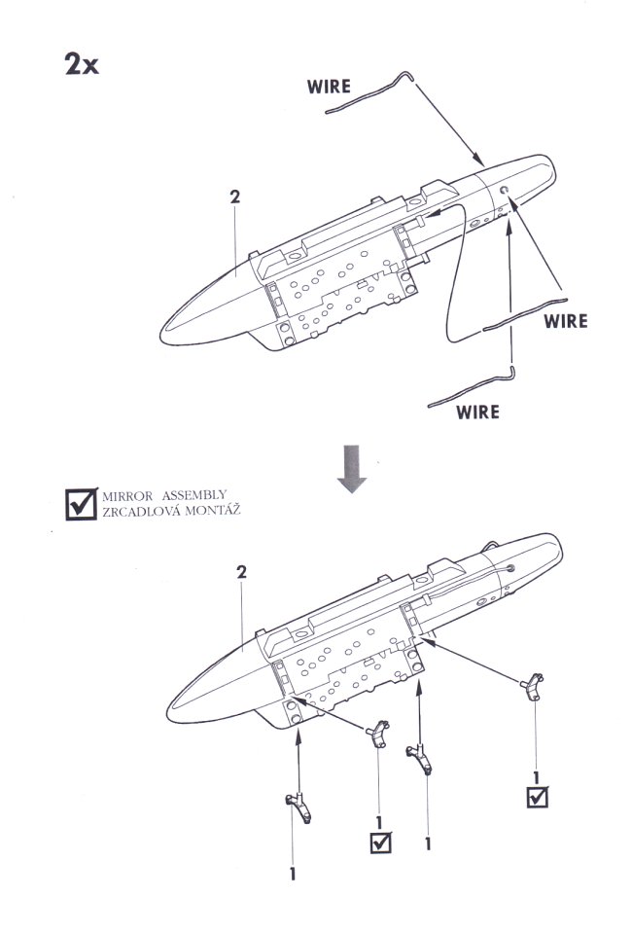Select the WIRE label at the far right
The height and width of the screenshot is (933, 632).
click(x=566, y=320)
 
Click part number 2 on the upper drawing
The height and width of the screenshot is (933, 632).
click(x=234, y=196)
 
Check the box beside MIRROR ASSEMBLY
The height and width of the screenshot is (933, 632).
click(x=78, y=502)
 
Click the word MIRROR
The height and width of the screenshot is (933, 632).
click(x=127, y=495)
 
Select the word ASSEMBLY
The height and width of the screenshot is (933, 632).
click(x=202, y=495)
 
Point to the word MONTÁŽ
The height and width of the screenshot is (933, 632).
click(x=214, y=511)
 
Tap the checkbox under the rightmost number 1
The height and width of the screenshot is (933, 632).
click(x=536, y=797)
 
